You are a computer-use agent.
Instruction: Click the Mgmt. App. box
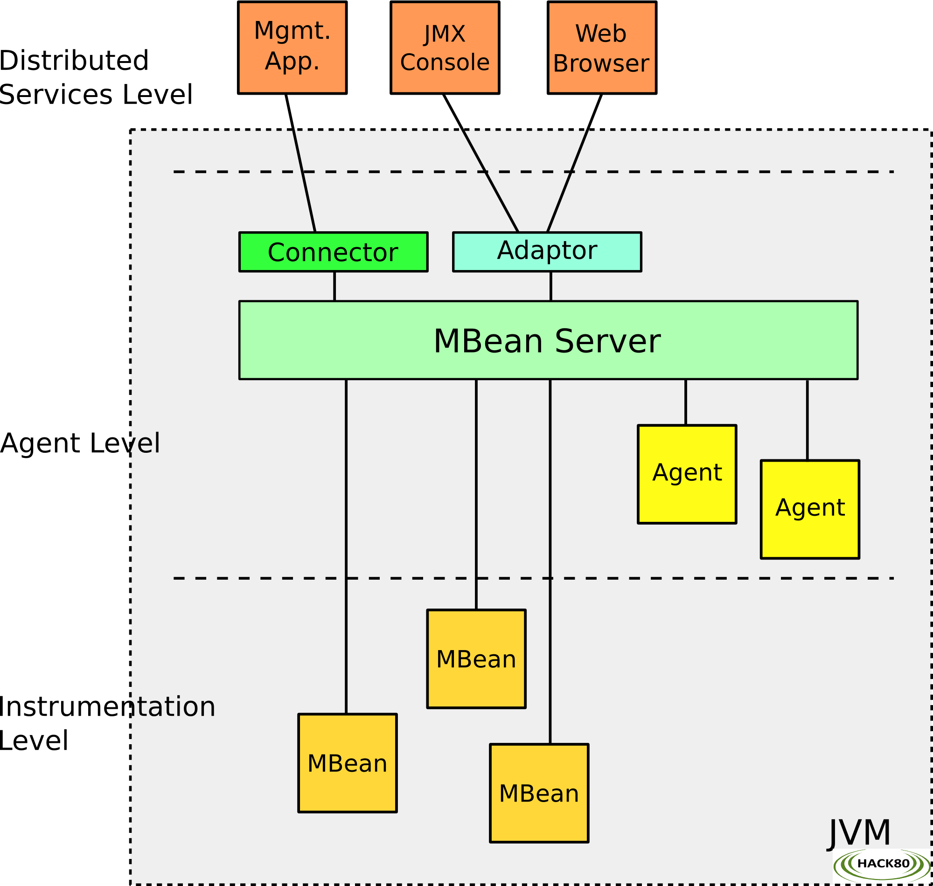292,48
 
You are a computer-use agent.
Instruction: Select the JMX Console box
445,48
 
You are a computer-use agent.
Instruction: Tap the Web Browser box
602,48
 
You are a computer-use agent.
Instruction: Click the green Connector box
334,252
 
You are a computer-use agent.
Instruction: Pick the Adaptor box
547,252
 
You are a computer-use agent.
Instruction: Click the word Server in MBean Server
607,341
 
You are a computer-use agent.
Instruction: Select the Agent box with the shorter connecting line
687,474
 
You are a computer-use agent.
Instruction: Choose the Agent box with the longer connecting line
810,509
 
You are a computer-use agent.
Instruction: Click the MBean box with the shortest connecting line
476,659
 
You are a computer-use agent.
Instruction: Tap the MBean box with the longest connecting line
539,793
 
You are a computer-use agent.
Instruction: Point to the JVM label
859,833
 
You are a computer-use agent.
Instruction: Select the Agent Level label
80,443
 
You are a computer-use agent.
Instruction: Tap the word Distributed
74,61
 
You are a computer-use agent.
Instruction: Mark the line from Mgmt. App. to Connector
300,163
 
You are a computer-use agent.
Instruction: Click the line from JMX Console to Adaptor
481,163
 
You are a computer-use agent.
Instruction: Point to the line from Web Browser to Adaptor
574,163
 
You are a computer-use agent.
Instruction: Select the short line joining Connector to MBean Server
334,286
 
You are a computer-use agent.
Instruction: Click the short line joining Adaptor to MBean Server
551,286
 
